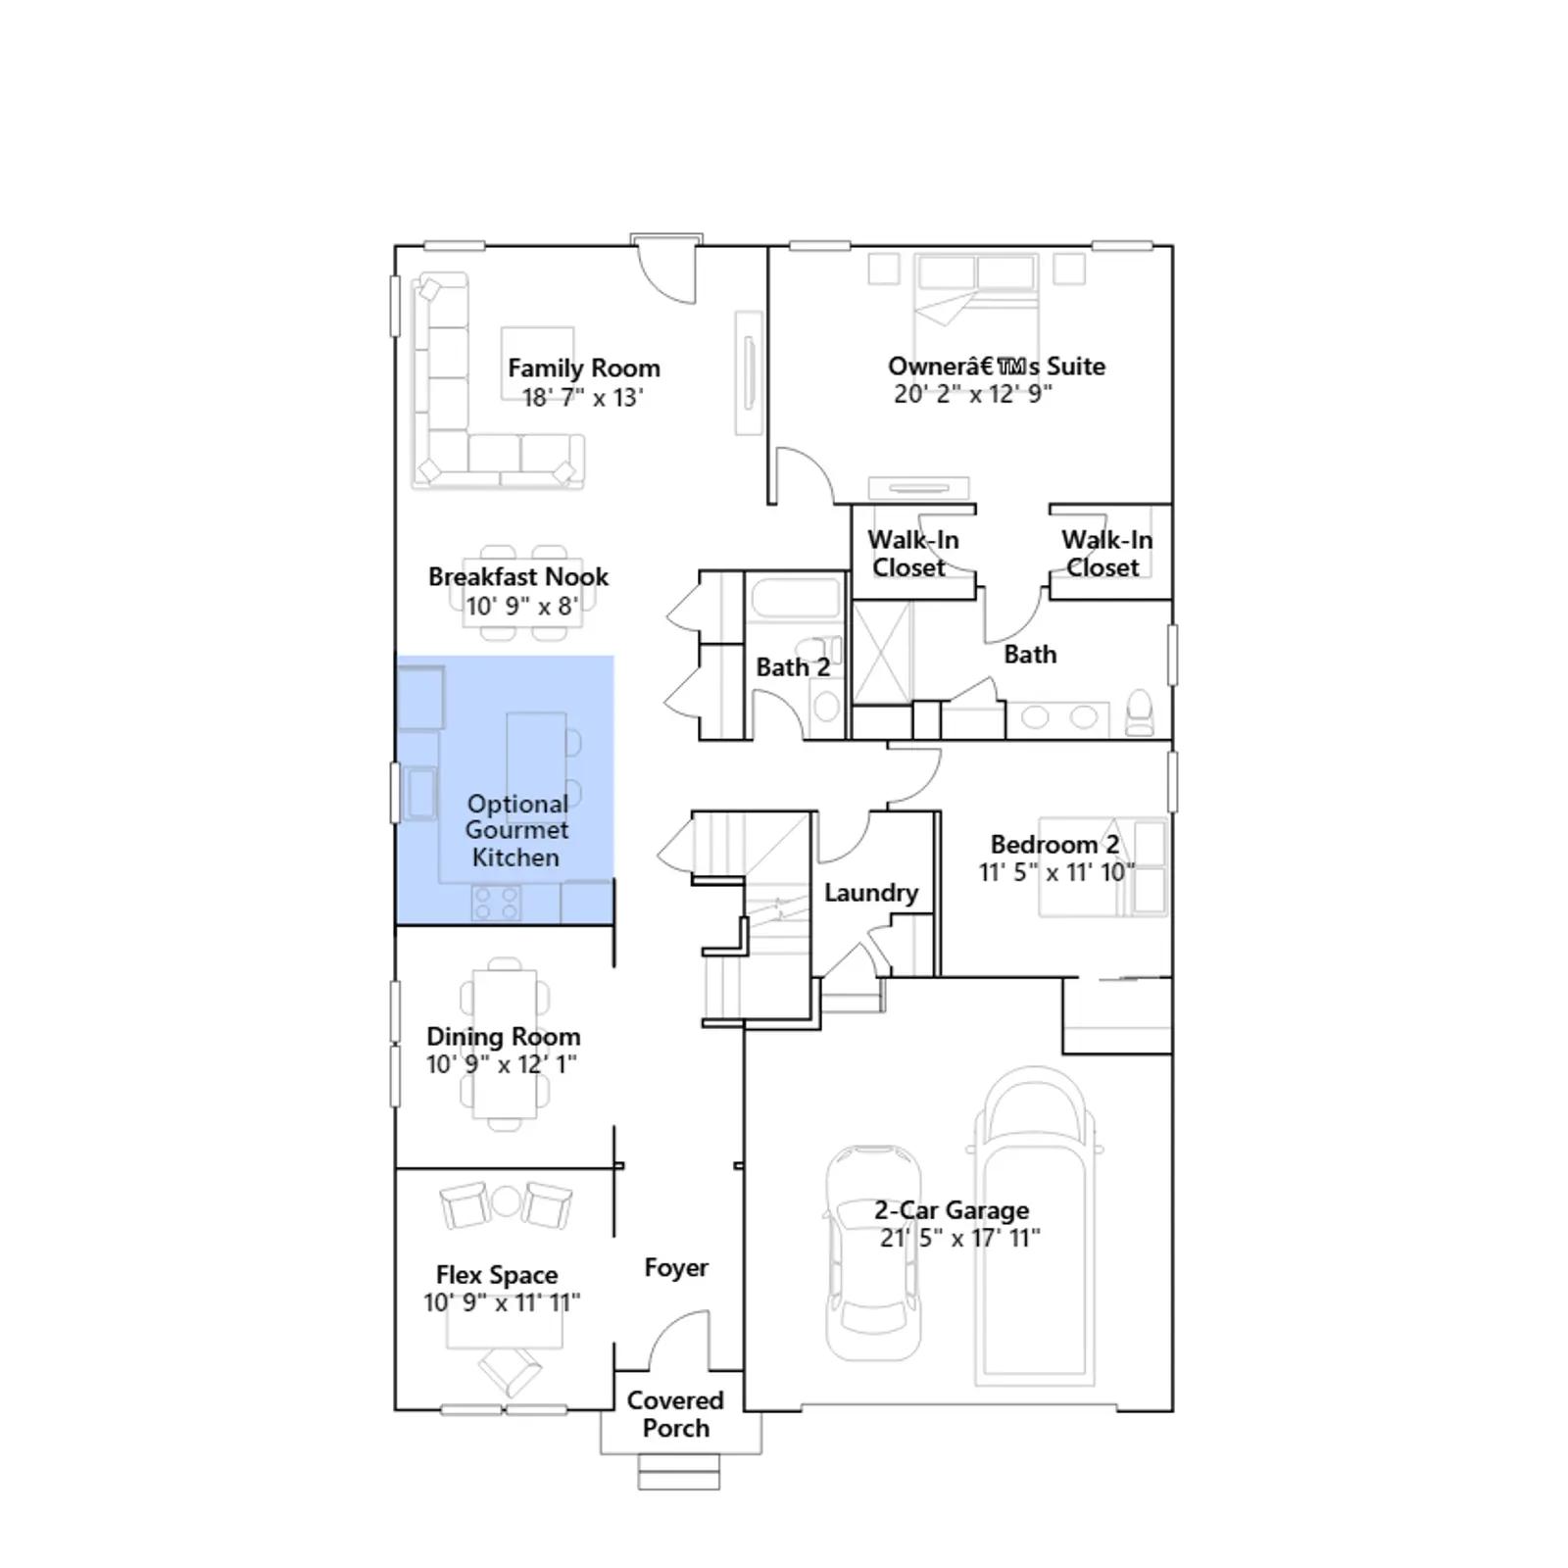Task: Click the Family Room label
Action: (583, 368)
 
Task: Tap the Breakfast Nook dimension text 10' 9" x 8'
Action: (521, 606)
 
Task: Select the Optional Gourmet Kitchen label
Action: (516, 830)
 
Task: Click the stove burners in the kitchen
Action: (496, 903)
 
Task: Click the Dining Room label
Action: (503, 1036)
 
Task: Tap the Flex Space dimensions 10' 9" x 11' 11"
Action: (502, 1302)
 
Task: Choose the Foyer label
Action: (676, 1268)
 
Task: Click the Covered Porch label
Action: (675, 1414)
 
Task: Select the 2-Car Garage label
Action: (952, 1210)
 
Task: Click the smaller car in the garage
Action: (873, 1253)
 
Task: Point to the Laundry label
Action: (871, 893)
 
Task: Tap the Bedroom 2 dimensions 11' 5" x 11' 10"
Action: (1056, 872)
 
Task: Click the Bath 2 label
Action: (793, 667)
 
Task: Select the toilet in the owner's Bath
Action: (1140, 712)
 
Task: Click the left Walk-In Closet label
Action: (912, 554)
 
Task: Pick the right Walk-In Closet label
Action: (1106, 554)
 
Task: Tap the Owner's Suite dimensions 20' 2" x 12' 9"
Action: (972, 394)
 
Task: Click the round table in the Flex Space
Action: (506, 1201)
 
